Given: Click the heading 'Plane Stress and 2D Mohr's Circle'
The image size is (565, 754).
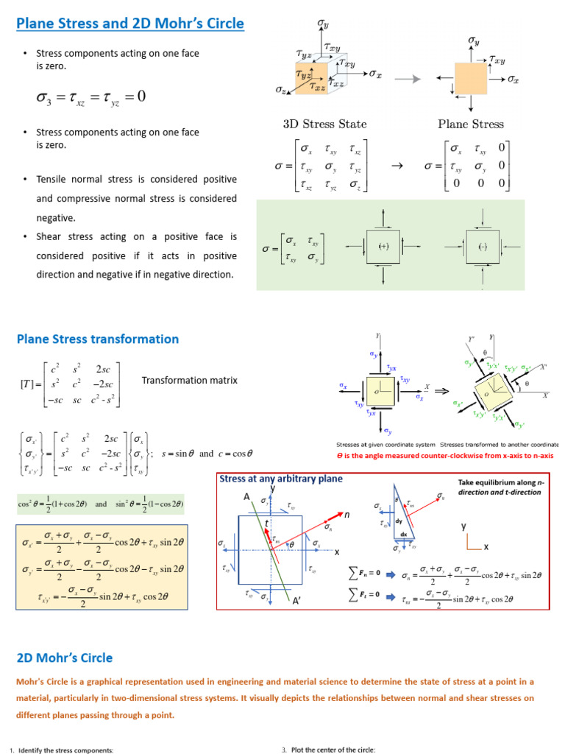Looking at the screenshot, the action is pyautogui.click(x=130, y=24).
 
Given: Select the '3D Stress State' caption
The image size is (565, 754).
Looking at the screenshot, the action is pyautogui.click(x=324, y=124).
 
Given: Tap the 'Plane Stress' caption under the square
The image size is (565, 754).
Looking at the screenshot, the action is pyautogui.click(x=471, y=124).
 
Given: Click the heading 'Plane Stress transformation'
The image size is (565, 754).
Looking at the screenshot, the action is pyautogui.click(x=98, y=339).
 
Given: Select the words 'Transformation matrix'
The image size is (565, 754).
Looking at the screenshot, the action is pyautogui.click(x=190, y=381).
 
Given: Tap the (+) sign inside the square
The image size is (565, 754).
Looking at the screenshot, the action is pyautogui.click(x=383, y=246).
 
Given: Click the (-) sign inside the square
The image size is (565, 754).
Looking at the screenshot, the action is pyautogui.click(x=483, y=246).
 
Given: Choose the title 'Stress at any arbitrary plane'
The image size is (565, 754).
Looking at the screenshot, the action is pyautogui.click(x=280, y=479).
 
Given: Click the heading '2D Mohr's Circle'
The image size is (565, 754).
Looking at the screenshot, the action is pyautogui.click(x=65, y=658).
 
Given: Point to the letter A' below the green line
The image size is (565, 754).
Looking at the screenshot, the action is pyautogui.click(x=296, y=601).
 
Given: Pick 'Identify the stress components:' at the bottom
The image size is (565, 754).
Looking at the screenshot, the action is pyautogui.click(x=66, y=750).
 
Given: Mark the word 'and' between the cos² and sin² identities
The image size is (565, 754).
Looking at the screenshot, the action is pyautogui.click(x=102, y=504).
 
